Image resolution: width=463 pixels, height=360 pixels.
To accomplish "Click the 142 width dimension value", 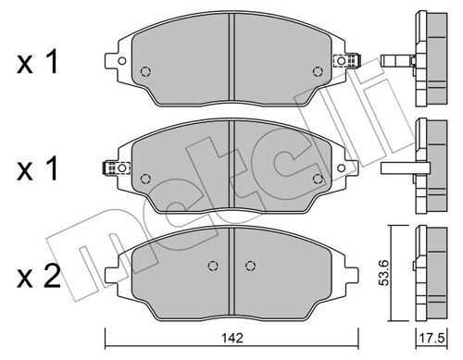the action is [232, 338].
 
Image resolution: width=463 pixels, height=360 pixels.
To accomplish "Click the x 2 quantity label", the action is [38, 277].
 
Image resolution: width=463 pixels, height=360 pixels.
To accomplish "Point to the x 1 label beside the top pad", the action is [37, 63].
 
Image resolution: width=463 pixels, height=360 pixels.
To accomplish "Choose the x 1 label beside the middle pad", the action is [37, 168].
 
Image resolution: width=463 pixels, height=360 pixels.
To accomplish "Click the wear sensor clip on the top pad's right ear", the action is [348, 60].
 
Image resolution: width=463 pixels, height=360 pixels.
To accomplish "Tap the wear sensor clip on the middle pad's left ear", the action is [116, 168].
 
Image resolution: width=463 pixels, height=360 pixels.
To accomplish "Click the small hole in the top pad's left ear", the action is [122, 61].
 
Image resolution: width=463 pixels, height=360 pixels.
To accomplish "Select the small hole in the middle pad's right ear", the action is [341, 168].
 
